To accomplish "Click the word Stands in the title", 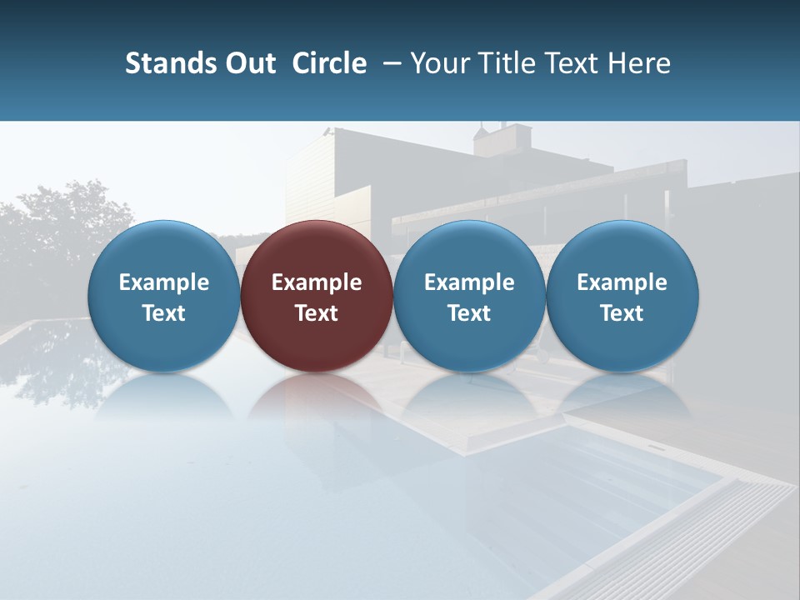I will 169,63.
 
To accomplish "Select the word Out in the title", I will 248,63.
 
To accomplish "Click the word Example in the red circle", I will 317,282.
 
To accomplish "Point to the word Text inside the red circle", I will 317,313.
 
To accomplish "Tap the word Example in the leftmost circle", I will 163,282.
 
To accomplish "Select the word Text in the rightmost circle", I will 622,313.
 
